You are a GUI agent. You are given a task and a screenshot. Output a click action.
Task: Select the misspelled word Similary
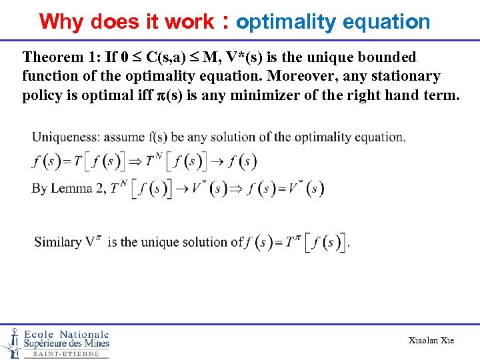[57, 241]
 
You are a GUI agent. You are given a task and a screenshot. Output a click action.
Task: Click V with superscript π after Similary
[92, 241]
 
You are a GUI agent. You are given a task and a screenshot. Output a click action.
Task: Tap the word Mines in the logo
[93, 344]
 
